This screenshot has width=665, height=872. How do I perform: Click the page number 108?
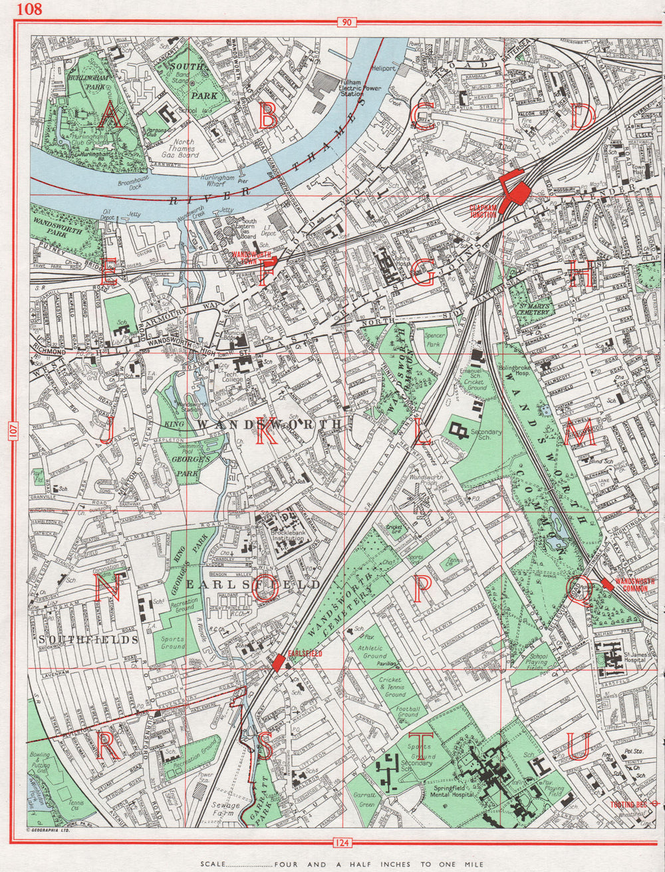pyautogui.click(x=30, y=9)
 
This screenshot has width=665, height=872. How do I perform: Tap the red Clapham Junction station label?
pyautogui.click(x=483, y=211)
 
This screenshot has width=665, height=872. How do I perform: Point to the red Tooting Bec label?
pyautogui.click(x=628, y=804)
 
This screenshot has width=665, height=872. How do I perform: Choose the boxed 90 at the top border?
pyautogui.click(x=346, y=23)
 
